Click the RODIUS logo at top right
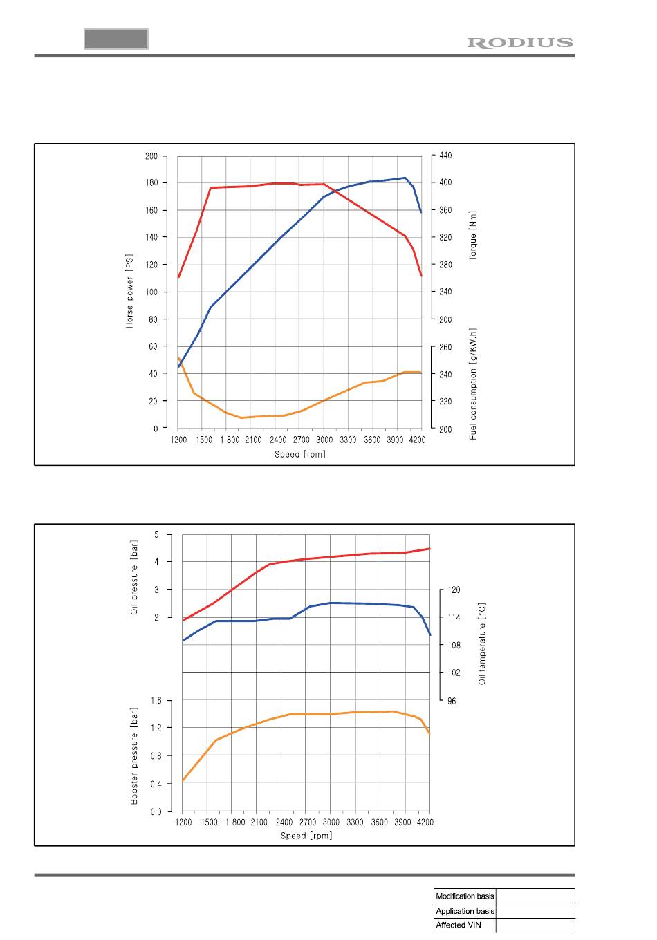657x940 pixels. (520, 43)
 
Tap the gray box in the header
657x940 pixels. (116, 39)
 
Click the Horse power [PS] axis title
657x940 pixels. (129, 292)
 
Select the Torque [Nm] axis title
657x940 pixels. (474, 236)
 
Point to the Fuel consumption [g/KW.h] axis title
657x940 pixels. (474, 384)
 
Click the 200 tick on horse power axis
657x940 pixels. (151, 156)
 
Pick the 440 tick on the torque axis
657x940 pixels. (446, 156)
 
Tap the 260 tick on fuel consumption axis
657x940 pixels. (446, 347)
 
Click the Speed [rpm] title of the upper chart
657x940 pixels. (299, 454)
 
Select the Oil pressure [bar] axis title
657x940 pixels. (135, 581)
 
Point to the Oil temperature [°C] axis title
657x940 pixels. (482, 643)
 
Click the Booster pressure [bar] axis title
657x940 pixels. (135, 755)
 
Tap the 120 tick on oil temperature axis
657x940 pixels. (454, 590)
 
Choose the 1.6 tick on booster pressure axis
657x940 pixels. (156, 701)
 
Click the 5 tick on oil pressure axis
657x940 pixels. (157, 534)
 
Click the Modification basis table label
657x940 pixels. (465, 896)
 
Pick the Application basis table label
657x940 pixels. (465, 911)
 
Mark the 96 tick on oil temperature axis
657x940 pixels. (452, 701)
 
